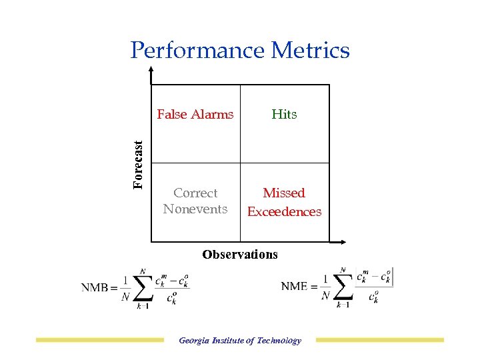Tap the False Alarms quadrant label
point(195,115)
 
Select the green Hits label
point(284,115)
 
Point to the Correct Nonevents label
point(195,201)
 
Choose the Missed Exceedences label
point(284,202)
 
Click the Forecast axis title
point(139,165)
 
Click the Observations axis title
point(240,254)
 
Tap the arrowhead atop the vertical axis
point(151,69)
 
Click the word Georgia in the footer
point(193,341)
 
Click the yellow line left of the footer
point(100,340)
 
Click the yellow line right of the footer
point(379,340)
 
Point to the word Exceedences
point(284,212)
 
